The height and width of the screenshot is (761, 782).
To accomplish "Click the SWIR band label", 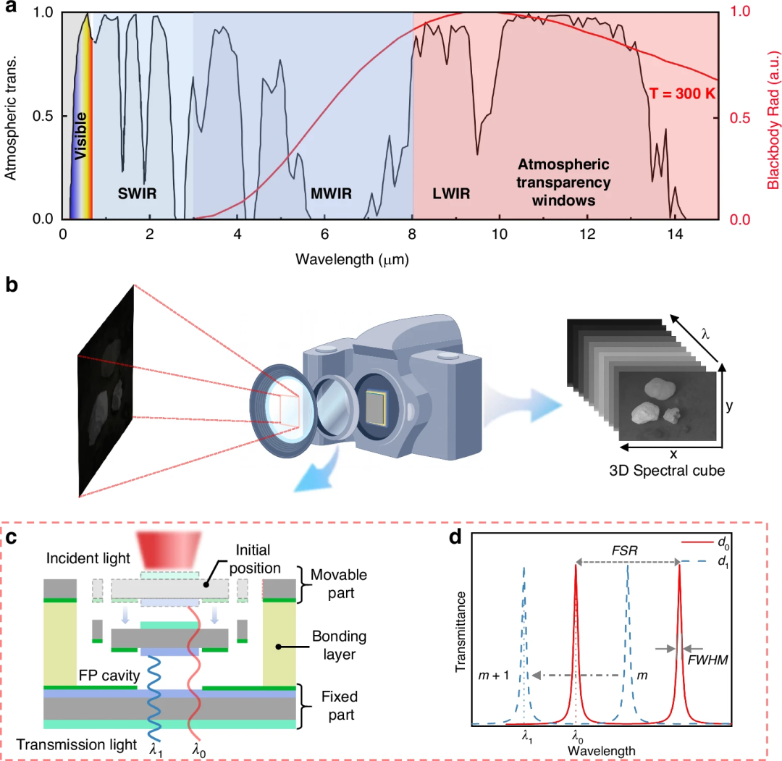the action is pyautogui.click(x=137, y=193).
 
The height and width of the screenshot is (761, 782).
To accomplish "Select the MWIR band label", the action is pyautogui.click(x=331, y=193).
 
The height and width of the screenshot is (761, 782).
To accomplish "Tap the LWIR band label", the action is pyautogui.click(x=451, y=193).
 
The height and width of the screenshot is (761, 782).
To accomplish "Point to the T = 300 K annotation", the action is pyautogui.click(x=682, y=93).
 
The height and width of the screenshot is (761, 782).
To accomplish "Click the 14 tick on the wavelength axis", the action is pyautogui.click(x=675, y=234).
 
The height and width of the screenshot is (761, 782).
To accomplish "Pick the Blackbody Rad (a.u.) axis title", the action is pyautogui.click(x=773, y=119).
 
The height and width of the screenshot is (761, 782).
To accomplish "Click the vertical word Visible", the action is pyautogui.click(x=80, y=135).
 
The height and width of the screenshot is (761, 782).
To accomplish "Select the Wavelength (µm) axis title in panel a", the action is pyautogui.click(x=352, y=259).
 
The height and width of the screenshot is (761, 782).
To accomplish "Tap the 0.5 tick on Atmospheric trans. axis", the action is pyautogui.click(x=43, y=116).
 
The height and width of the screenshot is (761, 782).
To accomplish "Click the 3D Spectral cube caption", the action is pyautogui.click(x=667, y=470).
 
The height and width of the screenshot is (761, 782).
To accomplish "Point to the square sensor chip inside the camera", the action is pyautogui.click(x=376, y=408).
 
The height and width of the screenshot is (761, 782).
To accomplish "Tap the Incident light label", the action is pyautogui.click(x=88, y=558).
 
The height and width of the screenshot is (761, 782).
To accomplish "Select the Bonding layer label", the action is pyautogui.click(x=339, y=645).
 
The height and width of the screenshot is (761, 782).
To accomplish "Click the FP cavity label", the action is pyautogui.click(x=109, y=676).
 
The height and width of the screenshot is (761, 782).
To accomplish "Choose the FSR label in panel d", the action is pyautogui.click(x=624, y=550).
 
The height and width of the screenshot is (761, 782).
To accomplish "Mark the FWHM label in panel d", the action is pyautogui.click(x=707, y=660).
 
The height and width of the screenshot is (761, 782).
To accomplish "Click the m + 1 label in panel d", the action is pyautogui.click(x=493, y=676).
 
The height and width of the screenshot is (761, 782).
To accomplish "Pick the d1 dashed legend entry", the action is pyautogui.click(x=705, y=562).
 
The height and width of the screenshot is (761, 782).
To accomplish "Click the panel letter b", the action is pyautogui.click(x=11, y=285).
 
